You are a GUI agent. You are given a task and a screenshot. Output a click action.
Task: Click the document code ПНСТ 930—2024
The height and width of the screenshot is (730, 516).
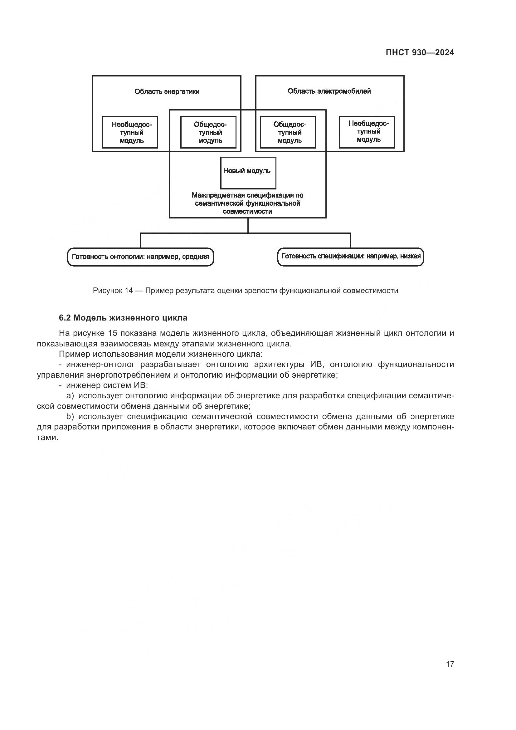[419, 53]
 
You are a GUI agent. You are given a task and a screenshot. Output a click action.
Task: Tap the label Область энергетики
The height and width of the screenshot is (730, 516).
[167, 91]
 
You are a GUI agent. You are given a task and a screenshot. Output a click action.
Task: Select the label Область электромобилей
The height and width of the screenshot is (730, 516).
[329, 91]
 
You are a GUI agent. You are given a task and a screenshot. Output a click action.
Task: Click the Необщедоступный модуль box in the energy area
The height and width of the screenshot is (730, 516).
[130, 132]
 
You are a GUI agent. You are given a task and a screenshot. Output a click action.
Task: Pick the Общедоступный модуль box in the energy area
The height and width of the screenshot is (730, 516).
[208, 132]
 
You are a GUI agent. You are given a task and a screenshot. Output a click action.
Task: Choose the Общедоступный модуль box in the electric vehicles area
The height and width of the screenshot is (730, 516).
[288, 132]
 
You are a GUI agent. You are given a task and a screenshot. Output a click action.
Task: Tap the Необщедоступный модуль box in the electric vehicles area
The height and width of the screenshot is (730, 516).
[367, 132]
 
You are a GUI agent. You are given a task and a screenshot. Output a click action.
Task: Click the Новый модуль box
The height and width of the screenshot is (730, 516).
[248, 173]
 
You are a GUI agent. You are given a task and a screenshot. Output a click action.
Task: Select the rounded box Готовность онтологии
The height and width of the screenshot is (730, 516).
[140, 257]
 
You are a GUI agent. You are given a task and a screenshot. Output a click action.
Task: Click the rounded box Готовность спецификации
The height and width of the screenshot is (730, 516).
[350, 257]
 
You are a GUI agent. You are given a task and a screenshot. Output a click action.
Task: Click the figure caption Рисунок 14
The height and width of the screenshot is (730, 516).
[245, 291]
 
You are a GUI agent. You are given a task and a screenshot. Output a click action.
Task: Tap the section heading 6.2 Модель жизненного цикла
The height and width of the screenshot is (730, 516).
[123, 318]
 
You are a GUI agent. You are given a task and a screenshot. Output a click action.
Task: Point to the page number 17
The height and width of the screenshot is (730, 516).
[450, 664]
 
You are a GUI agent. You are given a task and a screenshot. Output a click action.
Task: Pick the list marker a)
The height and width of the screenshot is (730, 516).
[70, 396]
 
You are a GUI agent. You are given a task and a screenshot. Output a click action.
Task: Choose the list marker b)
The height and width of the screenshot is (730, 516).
[70, 417]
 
